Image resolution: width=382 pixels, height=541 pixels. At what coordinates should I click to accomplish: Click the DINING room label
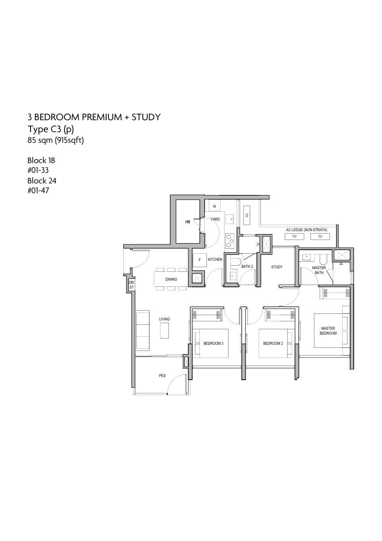(171, 279)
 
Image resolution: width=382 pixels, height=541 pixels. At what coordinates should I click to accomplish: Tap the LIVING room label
(164, 319)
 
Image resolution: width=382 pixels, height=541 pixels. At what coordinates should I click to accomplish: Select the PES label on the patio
(162, 376)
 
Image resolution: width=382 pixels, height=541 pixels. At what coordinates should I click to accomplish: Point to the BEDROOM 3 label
(214, 343)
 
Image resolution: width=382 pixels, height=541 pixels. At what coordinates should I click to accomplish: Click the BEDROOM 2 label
(273, 343)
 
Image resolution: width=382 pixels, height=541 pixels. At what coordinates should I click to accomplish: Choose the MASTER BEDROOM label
(328, 331)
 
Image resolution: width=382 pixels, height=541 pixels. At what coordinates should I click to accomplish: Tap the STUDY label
(277, 267)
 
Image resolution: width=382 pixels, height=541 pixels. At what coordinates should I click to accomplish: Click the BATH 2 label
(247, 267)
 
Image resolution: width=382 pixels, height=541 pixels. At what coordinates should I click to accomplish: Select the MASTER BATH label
(319, 270)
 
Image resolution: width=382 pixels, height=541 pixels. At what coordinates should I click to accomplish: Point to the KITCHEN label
(215, 259)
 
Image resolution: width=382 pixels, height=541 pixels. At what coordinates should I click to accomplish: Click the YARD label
(215, 219)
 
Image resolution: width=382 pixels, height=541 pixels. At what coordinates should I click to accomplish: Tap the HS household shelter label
(188, 222)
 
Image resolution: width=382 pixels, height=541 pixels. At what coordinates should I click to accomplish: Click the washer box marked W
(214, 206)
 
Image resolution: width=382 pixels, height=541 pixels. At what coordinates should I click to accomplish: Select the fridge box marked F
(199, 260)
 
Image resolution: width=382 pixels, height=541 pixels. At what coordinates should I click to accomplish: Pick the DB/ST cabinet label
(131, 285)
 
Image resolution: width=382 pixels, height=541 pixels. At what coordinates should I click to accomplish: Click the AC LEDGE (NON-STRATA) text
(306, 230)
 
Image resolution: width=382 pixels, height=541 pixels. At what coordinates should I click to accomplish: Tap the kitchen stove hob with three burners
(229, 241)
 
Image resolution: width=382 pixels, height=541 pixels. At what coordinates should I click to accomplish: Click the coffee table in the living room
(164, 331)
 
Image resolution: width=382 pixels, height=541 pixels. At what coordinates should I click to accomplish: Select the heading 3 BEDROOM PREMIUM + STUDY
(94, 117)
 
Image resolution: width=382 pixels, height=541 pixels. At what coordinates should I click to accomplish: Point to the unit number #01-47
(38, 190)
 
